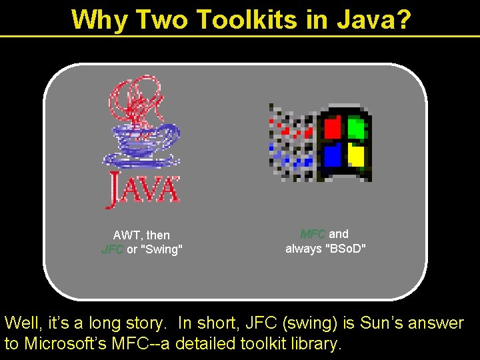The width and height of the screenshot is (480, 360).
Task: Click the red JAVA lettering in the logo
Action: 143,189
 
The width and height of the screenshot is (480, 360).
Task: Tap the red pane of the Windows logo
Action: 333,127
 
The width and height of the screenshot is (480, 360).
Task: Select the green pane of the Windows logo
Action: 357,127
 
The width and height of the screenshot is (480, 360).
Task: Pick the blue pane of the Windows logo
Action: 333,155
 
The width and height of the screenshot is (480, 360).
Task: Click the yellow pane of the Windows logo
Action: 357,156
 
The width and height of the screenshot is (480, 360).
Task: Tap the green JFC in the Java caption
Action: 112,250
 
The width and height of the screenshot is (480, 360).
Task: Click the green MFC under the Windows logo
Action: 313,234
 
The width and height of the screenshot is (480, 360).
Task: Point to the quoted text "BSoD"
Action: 345,249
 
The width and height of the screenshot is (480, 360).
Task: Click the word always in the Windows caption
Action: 303,249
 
